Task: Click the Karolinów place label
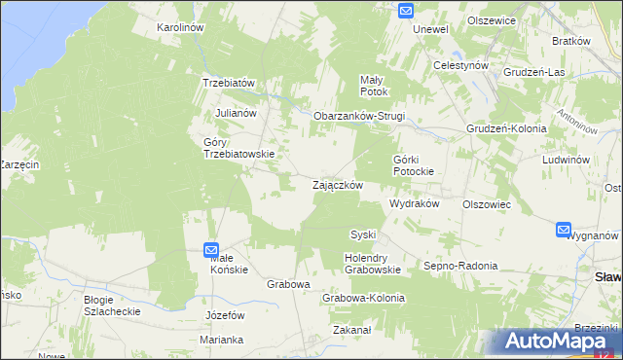coord(180,28)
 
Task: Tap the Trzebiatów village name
coord(228,83)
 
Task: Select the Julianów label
coord(236,113)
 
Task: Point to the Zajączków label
coord(338,184)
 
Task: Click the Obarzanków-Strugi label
coord(358,117)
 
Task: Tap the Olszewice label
coord(491,19)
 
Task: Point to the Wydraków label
coord(415,204)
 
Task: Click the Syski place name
coord(363,234)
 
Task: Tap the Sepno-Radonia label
coord(460,266)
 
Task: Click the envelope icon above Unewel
coord(406,11)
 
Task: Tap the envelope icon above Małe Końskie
coord(211,250)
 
